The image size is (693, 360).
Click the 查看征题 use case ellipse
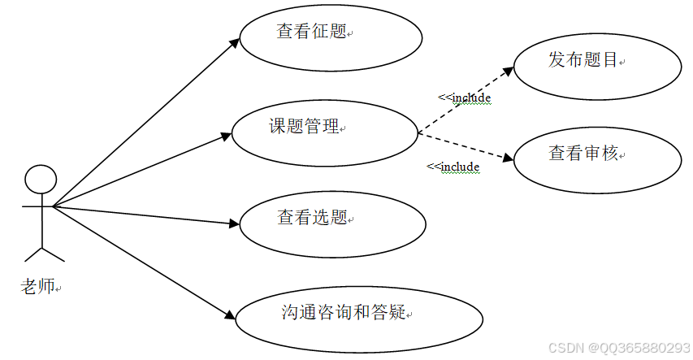(331, 38)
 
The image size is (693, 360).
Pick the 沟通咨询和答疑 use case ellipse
(358, 319)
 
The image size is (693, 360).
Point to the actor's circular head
(41, 179)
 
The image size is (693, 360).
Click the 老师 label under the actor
(38, 285)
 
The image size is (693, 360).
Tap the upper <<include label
(465, 98)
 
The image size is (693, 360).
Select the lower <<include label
(453, 167)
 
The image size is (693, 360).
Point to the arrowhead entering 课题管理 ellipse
(227, 136)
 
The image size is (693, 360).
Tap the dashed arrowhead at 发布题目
(508, 72)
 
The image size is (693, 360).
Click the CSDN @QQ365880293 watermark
(619, 348)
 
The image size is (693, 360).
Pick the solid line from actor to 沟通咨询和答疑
(138, 259)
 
